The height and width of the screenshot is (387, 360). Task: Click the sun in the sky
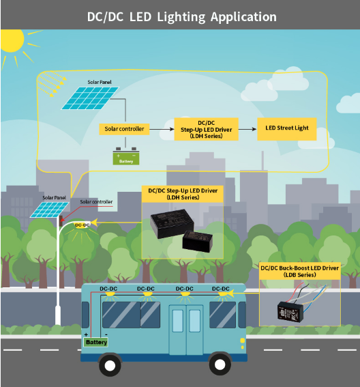click(x=11, y=41)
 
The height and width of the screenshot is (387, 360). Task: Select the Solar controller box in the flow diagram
click(x=124, y=129)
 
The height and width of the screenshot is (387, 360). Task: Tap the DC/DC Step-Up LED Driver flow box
click(x=207, y=129)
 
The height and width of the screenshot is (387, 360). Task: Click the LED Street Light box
click(x=287, y=129)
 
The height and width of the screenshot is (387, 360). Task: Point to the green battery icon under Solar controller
click(x=126, y=156)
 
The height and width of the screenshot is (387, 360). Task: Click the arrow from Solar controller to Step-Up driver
click(x=162, y=129)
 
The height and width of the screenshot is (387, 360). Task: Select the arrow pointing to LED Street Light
click(x=247, y=129)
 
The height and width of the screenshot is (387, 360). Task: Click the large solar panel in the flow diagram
click(x=90, y=98)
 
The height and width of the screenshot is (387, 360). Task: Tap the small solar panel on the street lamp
click(x=49, y=210)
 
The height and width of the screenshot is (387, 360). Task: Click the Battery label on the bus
click(x=96, y=342)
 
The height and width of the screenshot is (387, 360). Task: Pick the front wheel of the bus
click(x=220, y=364)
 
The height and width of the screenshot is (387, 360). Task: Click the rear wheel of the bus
click(x=110, y=366)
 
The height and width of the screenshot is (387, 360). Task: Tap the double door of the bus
click(x=186, y=330)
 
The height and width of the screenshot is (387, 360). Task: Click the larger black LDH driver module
click(x=172, y=224)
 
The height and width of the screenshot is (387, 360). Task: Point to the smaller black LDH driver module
click(x=197, y=242)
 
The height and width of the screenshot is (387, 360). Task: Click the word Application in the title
click(x=243, y=17)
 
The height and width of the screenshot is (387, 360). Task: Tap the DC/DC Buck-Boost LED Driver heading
click(x=299, y=271)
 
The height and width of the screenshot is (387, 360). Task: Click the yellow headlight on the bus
click(x=243, y=341)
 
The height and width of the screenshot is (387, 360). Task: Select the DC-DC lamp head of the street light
click(x=82, y=225)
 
